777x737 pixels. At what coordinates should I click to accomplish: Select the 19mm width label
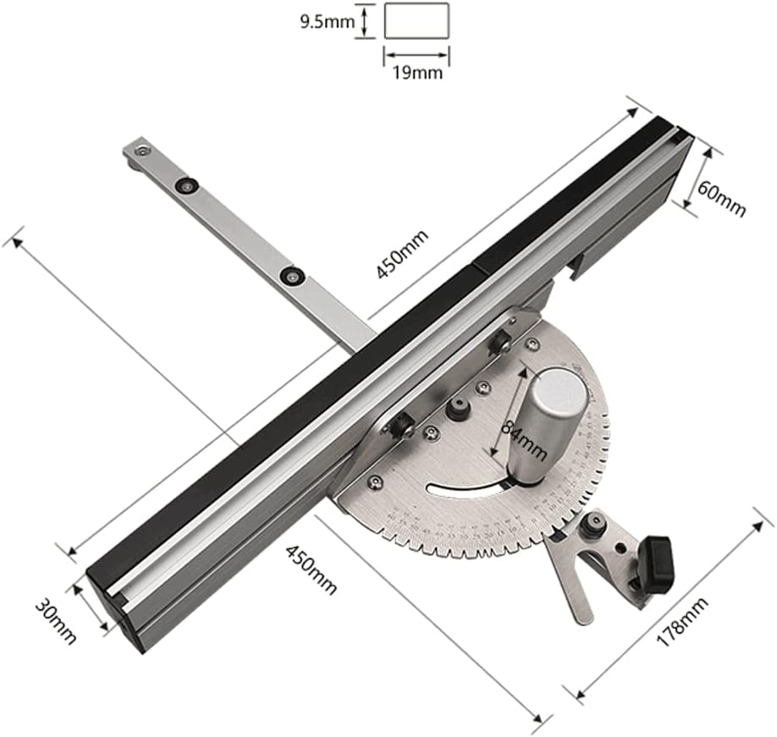point(417,72)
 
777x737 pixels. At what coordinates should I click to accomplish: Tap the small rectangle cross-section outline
point(416,20)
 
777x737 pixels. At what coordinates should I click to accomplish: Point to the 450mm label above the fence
point(402,253)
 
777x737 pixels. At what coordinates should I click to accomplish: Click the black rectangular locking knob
point(656,563)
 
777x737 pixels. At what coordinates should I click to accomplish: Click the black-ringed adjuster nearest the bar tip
point(184,185)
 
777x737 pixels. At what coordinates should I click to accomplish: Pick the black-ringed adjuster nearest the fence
point(294,275)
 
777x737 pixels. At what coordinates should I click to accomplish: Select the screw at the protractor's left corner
point(371,482)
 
